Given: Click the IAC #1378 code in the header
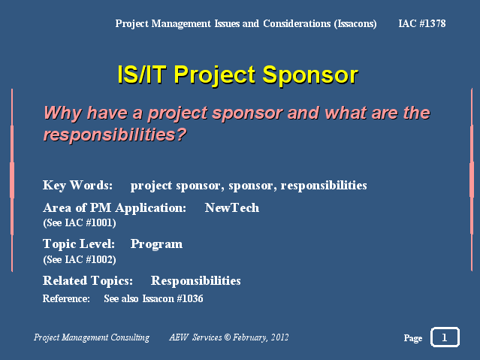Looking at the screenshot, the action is (422, 23).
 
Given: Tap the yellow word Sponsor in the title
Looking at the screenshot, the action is (310, 74).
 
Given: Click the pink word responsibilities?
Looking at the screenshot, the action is (115, 135).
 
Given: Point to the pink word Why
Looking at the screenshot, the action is (63, 113).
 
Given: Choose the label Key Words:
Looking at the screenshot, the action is (78, 186).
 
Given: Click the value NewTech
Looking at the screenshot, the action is (232, 207).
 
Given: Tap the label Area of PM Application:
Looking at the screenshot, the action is (114, 208).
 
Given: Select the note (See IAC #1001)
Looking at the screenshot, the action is (80, 222).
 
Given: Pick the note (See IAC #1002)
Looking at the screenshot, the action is (80, 259).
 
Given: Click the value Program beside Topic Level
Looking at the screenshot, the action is (156, 244).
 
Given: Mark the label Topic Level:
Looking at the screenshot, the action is (79, 244).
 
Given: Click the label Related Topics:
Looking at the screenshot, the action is (88, 280).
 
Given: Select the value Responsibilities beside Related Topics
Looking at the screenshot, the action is (195, 280).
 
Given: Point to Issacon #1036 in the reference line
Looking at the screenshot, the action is (173, 298).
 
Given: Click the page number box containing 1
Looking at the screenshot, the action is (445, 337).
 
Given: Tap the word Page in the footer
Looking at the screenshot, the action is (413, 338).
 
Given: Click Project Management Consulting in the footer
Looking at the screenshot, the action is (92, 337).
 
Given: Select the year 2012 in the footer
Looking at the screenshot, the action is (279, 337).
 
